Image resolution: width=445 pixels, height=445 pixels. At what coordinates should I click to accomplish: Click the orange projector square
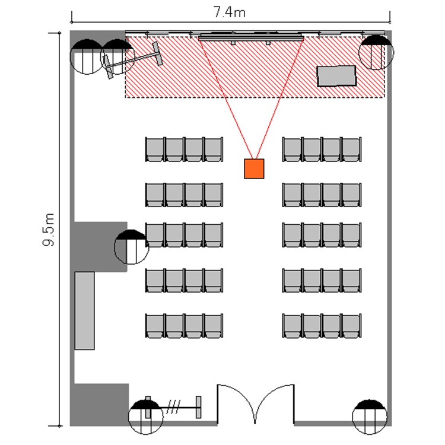pyautogui.click(x=254, y=169)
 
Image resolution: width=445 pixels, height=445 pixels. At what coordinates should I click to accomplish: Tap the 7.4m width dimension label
pyautogui.click(x=229, y=12)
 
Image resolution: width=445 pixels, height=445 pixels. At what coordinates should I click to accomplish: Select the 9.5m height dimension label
pyautogui.click(x=49, y=229)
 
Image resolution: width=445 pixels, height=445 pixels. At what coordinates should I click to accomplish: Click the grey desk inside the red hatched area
pyautogui.click(x=336, y=76)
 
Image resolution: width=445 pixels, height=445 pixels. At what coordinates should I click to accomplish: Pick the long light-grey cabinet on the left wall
pyautogui.click(x=85, y=311)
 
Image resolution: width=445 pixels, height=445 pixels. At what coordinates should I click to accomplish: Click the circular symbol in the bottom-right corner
pyautogui.click(x=370, y=417)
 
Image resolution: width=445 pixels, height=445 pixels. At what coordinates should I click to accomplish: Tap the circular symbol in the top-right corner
pyautogui.click(x=376, y=52)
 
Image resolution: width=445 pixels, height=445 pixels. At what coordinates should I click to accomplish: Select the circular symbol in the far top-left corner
pyautogui.click(x=87, y=56)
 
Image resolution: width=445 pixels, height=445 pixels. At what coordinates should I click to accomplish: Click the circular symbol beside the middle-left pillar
pyautogui.click(x=131, y=247)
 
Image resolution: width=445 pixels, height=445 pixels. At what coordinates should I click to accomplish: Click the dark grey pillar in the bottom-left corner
pyautogui.click(x=99, y=405)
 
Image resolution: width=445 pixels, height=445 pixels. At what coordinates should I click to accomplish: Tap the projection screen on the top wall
pyautogui.click(x=251, y=37)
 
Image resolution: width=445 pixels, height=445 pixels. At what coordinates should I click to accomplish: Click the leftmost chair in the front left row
pyautogui.click(x=155, y=150)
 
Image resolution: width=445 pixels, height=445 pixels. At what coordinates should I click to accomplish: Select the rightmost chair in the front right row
pyautogui.click(x=352, y=150)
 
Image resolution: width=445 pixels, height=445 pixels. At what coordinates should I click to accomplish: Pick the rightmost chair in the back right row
pyautogui.click(x=352, y=326)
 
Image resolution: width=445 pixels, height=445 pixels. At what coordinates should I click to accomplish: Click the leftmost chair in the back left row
pyautogui.click(x=155, y=326)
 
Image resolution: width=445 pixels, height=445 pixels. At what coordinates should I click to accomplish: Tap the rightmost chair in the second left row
pyautogui.click(x=214, y=195)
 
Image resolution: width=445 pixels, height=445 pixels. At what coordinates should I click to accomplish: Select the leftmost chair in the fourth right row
pyautogui.click(x=292, y=280)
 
